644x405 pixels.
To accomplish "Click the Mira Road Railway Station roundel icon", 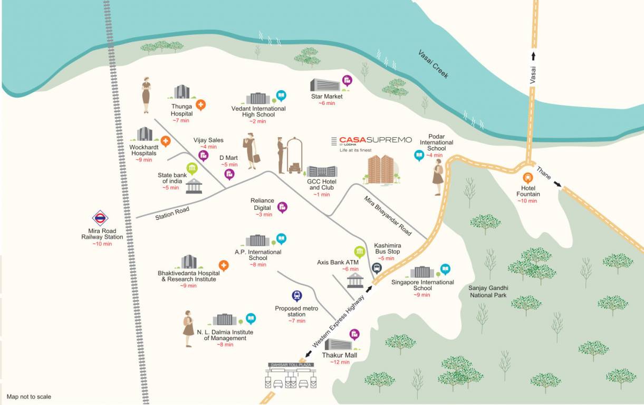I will (x=100, y=218).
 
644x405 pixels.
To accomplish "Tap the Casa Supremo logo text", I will (x=375, y=140).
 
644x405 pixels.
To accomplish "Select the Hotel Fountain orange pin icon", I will (x=527, y=178).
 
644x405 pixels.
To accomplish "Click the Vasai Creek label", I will (x=433, y=64).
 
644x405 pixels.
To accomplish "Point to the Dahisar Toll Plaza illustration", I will (x=291, y=376).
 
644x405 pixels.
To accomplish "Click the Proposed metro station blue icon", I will (x=297, y=296).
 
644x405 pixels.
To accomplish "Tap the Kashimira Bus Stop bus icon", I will (x=377, y=268).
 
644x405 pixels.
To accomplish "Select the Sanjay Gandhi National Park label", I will (x=488, y=292).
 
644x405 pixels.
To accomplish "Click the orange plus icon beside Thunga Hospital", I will (x=200, y=104).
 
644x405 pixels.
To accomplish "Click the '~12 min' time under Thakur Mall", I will (x=340, y=362).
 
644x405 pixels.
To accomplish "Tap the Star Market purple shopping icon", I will (x=347, y=81).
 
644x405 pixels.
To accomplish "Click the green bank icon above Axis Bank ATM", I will (x=360, y=251).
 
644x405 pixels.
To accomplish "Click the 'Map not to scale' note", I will (x=29, y=397).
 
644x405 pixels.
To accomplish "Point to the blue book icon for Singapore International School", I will (x=445, y=269).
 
